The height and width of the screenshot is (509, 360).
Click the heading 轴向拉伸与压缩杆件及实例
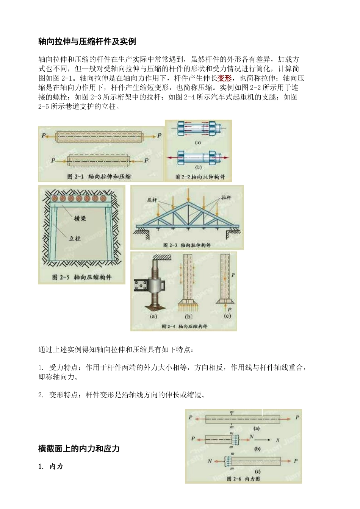(87, 42)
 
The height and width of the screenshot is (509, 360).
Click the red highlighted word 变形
(224, 78)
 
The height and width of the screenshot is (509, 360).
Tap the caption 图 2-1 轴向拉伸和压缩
(99, 176)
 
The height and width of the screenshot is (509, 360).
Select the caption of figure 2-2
(200, 177)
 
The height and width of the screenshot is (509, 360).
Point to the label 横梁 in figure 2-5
(80, 219)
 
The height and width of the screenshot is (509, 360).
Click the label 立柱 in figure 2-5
(75, 238)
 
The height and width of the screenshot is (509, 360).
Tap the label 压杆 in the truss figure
(152, 200)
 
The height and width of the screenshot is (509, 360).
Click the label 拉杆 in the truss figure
(226, 198)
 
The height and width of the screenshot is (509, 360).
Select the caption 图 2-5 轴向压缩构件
(82, 277)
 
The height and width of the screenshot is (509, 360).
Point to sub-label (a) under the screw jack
(153, 316)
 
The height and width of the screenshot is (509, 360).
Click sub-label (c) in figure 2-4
(227, 316)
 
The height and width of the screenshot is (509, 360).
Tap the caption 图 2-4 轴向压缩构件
(184, 326)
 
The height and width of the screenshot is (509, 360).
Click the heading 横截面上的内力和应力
(79, 449)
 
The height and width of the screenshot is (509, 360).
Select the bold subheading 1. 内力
(50, 467)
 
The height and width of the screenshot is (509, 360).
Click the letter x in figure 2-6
(277, 440)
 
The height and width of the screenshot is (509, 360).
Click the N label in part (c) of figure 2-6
(210, 461)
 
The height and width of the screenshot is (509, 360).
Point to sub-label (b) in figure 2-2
(198, 167)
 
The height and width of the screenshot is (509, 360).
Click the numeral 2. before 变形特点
(41, 395)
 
